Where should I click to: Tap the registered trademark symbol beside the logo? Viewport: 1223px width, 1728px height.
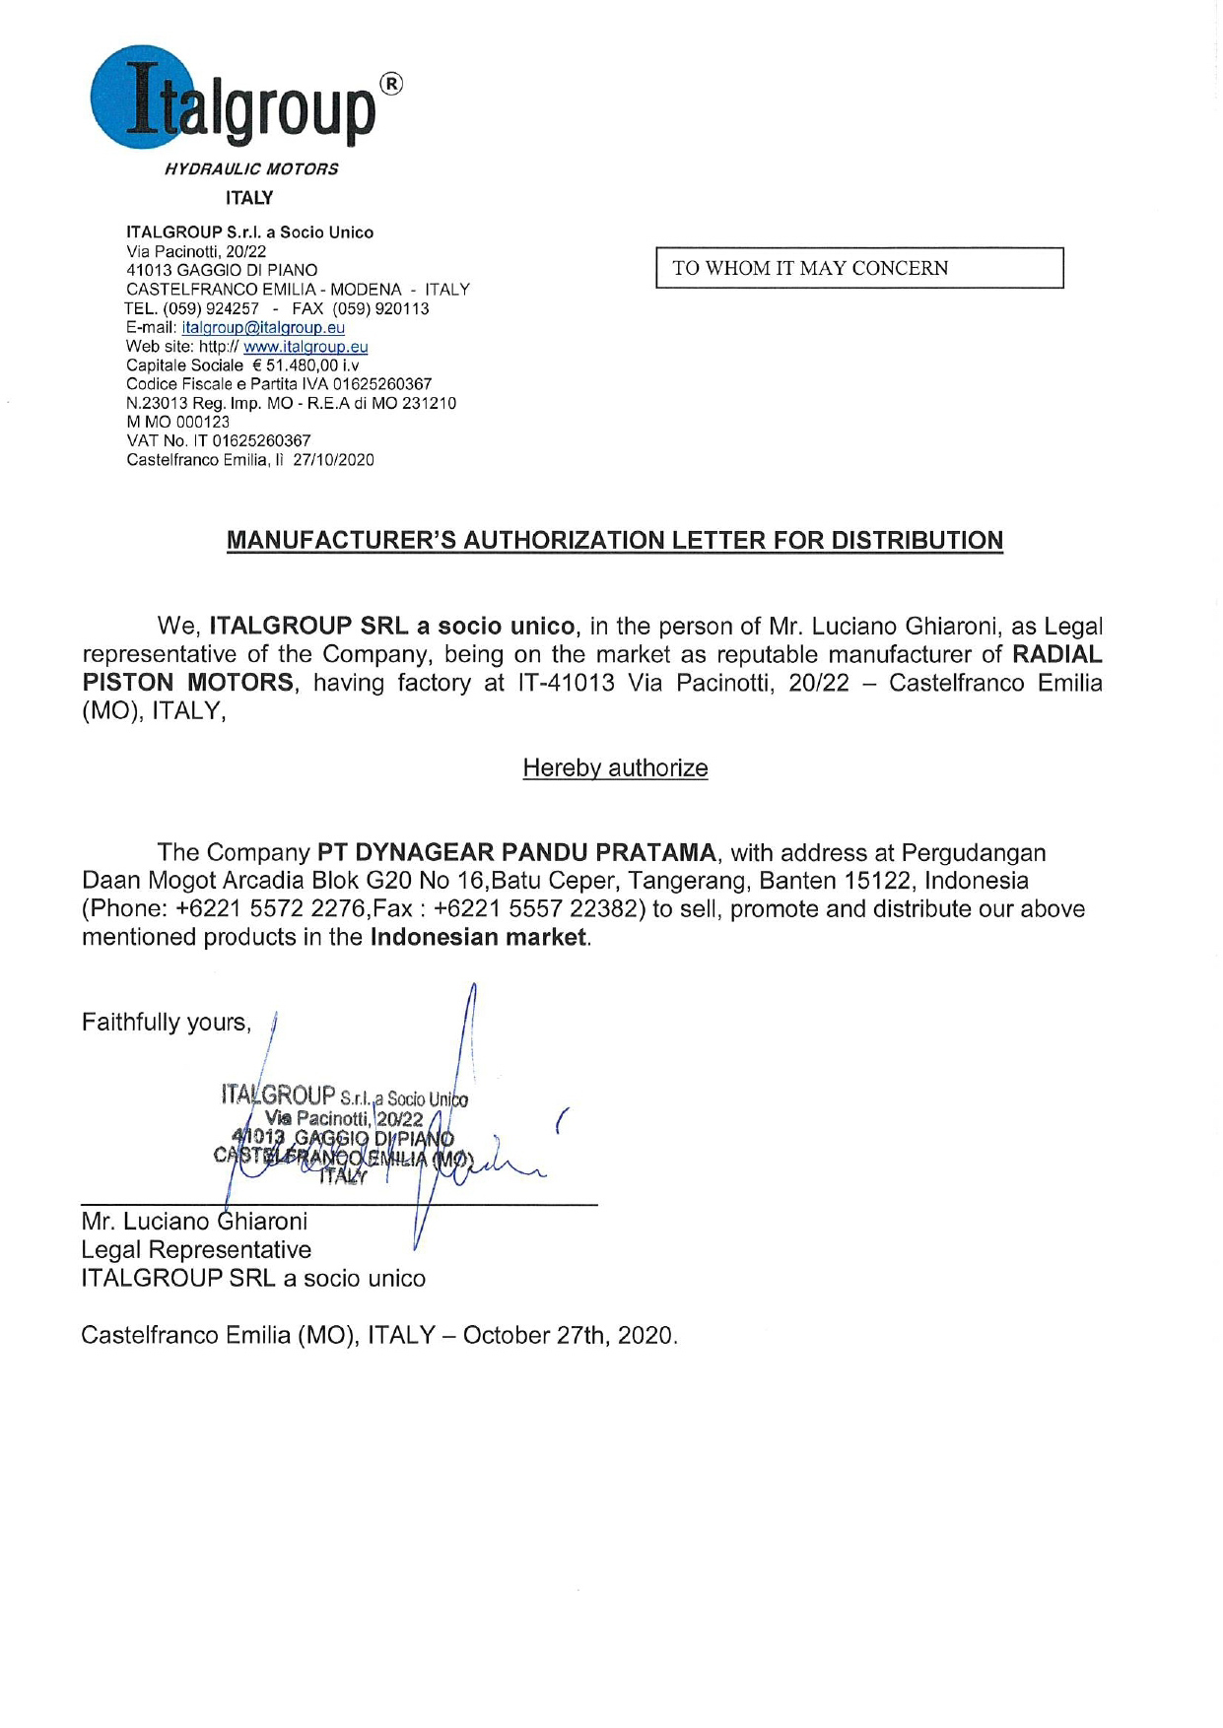pyautogui.click(x=391, y=86)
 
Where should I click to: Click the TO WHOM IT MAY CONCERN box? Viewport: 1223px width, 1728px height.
pyautogui.click(x=859, y=268)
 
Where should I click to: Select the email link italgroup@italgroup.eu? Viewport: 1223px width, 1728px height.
pyautogui.click(x=263, y=327)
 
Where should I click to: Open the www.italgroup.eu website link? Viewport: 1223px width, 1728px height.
pyautogui.click(x=306, y=347)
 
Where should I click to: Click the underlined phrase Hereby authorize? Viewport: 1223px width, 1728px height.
pyautogui.click(x=615, y=767)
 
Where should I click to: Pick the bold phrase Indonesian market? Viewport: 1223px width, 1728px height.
pyautogui.click(x=479, y=937)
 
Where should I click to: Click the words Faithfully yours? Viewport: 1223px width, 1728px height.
pyautogui.click(x=166, y=1022)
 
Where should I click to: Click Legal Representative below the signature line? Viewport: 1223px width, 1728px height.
pyautogui.click(x=196, y=1249)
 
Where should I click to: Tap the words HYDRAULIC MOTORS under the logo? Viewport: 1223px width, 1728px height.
pyautogui.click(x=251, y=168)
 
